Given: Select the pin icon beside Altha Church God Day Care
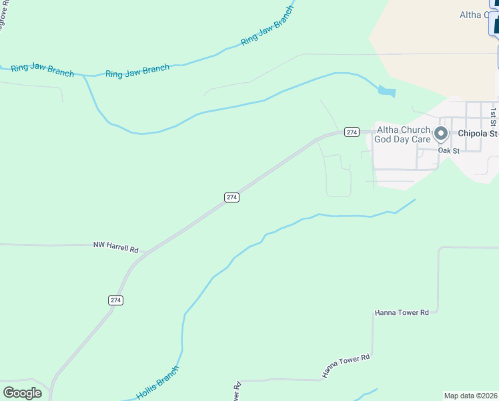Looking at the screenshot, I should point(441,134).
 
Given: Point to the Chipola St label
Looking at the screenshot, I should point(478,133).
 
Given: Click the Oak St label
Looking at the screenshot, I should point(448,150).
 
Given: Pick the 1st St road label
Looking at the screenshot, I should point(494,116).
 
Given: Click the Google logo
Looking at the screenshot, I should point(22,392).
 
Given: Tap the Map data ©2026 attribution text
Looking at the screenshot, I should point(471,396).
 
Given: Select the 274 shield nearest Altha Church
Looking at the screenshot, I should point(352,132).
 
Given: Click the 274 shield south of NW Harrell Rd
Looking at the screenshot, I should point(115,300).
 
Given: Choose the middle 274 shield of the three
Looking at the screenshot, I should point(231,197).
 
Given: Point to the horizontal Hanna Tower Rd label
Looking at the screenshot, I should point(406,312).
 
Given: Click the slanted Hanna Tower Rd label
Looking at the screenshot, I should point(346,367).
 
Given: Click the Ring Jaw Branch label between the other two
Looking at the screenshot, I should point(137,72).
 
